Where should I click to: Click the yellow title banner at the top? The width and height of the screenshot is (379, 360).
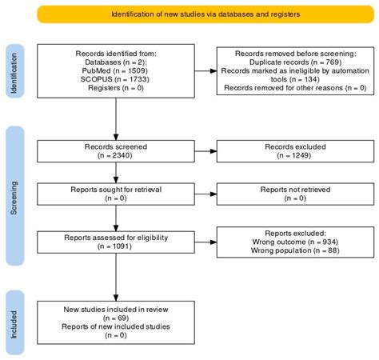205,14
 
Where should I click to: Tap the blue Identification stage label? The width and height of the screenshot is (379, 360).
15,71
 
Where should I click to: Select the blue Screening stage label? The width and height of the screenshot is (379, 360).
15,196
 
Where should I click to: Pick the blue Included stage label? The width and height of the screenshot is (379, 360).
15,322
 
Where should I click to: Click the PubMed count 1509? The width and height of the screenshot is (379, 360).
137,70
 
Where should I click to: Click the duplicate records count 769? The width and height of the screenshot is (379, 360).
333,62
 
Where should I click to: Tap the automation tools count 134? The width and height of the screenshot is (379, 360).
311,79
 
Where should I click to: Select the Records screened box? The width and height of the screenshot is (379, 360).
116,151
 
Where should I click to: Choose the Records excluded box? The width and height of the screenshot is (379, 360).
295,151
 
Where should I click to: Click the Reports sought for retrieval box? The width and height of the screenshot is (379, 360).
116,194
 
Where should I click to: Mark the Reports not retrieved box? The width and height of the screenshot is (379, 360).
295,194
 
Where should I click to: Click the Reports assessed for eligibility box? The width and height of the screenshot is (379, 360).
116,242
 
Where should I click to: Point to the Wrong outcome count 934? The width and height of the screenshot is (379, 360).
329,242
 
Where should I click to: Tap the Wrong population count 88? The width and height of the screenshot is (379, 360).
333,250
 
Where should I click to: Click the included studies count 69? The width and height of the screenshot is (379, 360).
122,318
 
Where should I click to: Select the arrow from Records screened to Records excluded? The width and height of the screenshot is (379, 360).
205,151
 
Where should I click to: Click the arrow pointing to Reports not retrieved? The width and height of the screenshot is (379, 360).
205,194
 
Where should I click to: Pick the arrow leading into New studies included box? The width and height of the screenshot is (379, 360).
116,278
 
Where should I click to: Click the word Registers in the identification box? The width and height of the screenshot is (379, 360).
104,88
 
